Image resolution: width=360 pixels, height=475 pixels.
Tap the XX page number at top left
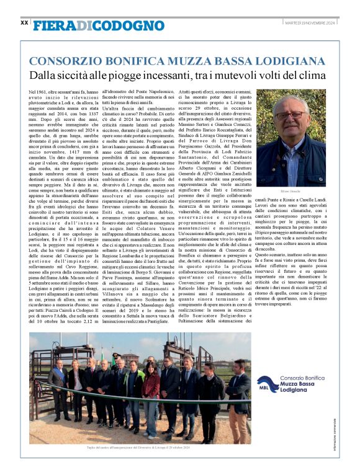click(x=24, y=23)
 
